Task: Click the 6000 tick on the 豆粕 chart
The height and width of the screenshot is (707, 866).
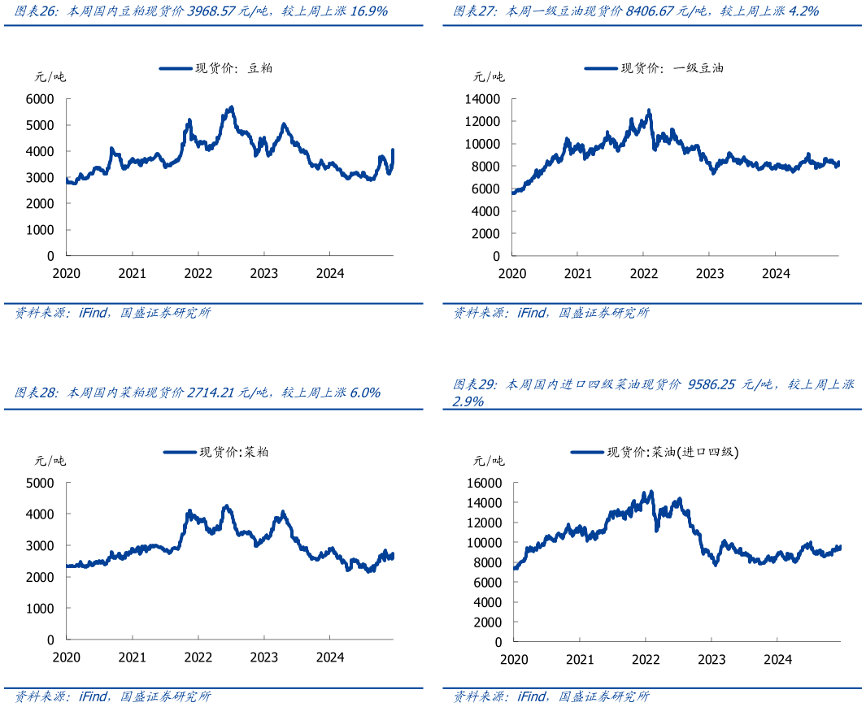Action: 41,99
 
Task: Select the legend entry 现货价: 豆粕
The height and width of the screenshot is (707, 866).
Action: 215,69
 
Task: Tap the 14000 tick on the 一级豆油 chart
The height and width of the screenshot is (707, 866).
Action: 483,99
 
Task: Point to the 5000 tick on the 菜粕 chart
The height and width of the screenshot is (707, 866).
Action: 41,483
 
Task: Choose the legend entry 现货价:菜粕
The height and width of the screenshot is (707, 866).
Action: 216,453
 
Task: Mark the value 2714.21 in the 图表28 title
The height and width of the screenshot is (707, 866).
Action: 214,393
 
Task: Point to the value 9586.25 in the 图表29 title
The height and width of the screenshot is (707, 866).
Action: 712,384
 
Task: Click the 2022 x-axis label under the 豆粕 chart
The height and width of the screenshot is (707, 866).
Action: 198,274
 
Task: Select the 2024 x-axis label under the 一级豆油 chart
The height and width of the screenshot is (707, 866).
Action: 776,274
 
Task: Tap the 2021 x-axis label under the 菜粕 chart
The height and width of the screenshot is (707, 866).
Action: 133,657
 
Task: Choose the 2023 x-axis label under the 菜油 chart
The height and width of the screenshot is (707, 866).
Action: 712,659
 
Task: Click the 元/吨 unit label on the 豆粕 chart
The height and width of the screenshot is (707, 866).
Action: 50,77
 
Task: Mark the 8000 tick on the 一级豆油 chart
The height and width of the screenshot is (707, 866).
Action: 486,167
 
